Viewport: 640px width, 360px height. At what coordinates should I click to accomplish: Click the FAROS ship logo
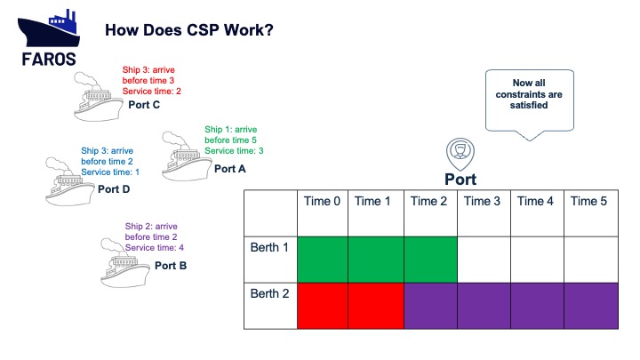[49, 37]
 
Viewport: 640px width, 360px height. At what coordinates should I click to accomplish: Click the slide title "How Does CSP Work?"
[189, 30]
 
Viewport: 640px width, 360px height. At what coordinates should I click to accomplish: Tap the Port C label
[144, 105]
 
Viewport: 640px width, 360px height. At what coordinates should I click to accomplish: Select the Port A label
[230, 169]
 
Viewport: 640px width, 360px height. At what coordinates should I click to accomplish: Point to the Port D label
[114, 189]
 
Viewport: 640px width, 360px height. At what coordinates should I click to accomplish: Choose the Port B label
[171, 266]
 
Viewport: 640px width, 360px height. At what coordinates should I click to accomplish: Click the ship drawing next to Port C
[99, 97]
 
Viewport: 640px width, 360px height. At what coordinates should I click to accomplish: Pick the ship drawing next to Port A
[187, 156]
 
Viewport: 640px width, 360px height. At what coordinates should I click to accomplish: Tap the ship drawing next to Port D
[70, 181]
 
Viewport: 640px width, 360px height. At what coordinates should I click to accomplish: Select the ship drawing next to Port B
[125, 263]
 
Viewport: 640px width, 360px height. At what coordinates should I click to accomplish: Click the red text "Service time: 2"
[152, 91]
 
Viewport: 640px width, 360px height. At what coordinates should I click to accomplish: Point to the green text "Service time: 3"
[234, 150]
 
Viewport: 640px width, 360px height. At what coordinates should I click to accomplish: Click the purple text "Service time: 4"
[155, 247]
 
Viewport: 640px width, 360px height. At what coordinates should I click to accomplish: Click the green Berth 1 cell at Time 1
[376, 260]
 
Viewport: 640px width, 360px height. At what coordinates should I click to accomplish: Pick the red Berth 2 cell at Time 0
[323, 306]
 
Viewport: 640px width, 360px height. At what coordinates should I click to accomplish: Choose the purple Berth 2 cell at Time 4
[537, 306]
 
